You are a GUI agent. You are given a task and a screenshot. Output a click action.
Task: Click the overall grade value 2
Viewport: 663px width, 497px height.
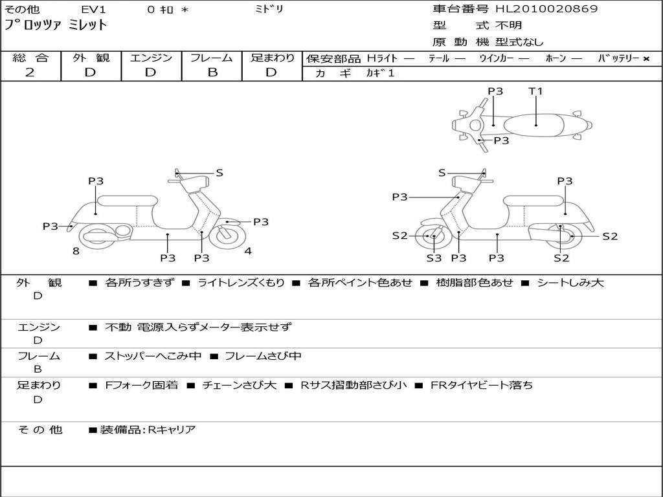coord(30,72)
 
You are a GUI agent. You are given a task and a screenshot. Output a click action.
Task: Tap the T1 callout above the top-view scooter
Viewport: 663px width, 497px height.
coord(535,91)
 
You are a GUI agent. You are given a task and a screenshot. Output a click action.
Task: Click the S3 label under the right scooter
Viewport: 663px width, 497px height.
coord(434,258)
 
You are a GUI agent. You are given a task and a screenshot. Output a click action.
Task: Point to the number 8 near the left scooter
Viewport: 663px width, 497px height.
coord(76,251)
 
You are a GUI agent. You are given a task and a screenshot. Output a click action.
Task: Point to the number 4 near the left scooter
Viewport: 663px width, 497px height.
coord(248,251)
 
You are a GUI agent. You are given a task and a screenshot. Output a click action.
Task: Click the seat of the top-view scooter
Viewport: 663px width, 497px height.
coord(534,126)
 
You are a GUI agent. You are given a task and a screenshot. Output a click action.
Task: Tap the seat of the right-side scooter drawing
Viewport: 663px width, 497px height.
coord(534,201)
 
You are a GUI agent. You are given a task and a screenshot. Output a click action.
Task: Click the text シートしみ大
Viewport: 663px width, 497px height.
coord(570,283)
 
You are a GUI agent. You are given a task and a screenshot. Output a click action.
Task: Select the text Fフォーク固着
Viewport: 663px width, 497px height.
coord(142,385)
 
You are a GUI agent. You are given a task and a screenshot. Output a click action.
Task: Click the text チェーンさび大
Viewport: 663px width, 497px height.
coord(240,385)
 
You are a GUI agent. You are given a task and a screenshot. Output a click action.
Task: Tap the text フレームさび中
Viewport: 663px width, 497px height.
coord(263,356)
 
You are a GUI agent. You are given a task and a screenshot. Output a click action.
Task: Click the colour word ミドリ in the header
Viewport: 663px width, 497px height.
coord(269,9)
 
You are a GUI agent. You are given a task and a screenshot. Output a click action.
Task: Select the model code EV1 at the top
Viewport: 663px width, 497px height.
coord(93,9)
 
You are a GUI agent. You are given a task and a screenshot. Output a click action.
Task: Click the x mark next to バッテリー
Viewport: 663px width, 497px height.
coord(646,59)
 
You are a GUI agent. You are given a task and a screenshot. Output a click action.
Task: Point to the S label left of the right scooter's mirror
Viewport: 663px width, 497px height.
coord(442,173)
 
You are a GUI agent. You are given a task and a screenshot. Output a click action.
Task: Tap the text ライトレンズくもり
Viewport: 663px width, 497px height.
coord(241,283)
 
